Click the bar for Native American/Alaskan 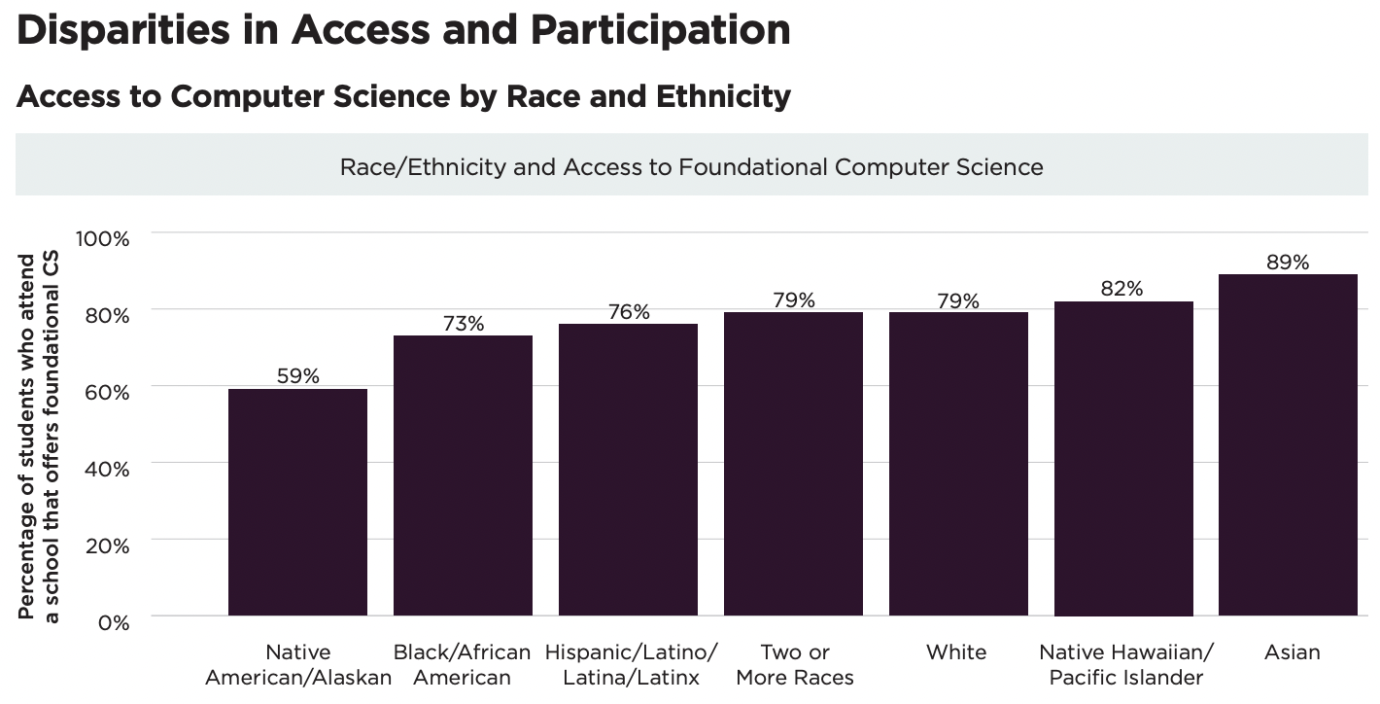coord(297,502)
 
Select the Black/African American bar coord(463,475)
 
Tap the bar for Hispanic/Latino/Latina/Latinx coord(628,470)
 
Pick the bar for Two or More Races coord(793,464)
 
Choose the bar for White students coord(958,464)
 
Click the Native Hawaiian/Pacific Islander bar coord(1123,458)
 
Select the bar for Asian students coord(1288,444)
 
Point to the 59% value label coord(297,376)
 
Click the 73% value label coord(463,324)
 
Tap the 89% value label coord(1288,263)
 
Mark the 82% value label coord(1122,289)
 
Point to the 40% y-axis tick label coord(106,469)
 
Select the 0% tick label coord(113,622)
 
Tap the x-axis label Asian coord(1292,652)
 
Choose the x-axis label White coord(956,652)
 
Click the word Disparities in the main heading coord(121,30)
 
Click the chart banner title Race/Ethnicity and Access coord(691,167)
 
